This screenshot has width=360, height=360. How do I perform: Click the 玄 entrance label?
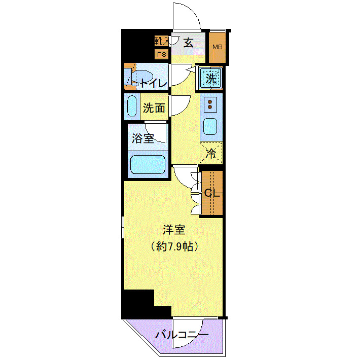[x=188, y=43]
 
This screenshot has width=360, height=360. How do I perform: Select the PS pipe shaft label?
[x=161, y=54]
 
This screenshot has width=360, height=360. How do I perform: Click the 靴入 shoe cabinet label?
[x=161, y=41]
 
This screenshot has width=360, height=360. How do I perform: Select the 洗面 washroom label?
[x=154, y=108]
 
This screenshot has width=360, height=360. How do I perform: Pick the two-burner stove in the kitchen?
[x=210, y=104]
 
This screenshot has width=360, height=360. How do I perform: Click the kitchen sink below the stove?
[x=210, y=129]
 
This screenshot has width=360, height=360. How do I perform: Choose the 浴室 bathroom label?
[x=143, y=138]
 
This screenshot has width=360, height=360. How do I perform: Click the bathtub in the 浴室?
[x=148, y=164]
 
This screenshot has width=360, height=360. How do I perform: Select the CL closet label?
[x=211, y=193]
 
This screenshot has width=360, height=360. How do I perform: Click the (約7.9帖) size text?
[x=174, y=246]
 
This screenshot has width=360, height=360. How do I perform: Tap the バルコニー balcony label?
[x=182, y=335]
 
